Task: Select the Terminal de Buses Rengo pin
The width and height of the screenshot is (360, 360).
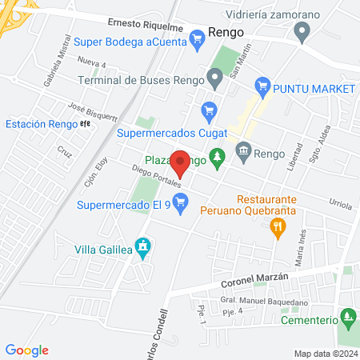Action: point(214,78)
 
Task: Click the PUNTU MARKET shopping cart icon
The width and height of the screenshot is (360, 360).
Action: point(261,86)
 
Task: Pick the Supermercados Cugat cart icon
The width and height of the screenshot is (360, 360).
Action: point(210,110)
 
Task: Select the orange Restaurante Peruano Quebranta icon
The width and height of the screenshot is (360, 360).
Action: point(278,227)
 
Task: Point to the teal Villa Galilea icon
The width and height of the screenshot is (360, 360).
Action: point(142,248)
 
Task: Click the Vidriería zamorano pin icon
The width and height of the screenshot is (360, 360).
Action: point(302,33)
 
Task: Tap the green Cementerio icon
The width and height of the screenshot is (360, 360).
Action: point(347,318)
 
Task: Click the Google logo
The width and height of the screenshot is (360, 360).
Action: point(26,350)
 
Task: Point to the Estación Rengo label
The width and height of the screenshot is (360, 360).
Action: point(41,124)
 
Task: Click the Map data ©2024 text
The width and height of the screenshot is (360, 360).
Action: point(324,353)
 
